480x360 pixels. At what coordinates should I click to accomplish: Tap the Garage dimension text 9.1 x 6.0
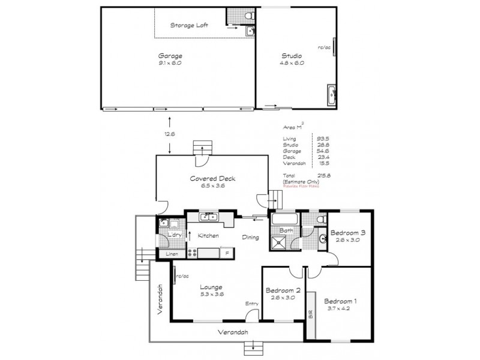coord(169,62)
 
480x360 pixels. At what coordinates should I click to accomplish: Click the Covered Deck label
coord(208,178)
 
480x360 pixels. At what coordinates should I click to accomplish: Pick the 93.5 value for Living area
coord(322,138)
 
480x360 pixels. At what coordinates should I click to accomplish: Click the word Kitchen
coord(208,236)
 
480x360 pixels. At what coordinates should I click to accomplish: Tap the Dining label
coord(250,238)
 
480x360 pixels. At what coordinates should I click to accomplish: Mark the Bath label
coord(286,230)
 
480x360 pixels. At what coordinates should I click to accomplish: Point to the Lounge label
coord(211,287)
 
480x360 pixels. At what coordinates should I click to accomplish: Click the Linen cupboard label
coord(172,254)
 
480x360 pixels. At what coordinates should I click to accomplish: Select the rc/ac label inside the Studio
coord(325,47)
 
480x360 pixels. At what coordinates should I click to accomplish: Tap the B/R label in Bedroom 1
coord(310,313)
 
